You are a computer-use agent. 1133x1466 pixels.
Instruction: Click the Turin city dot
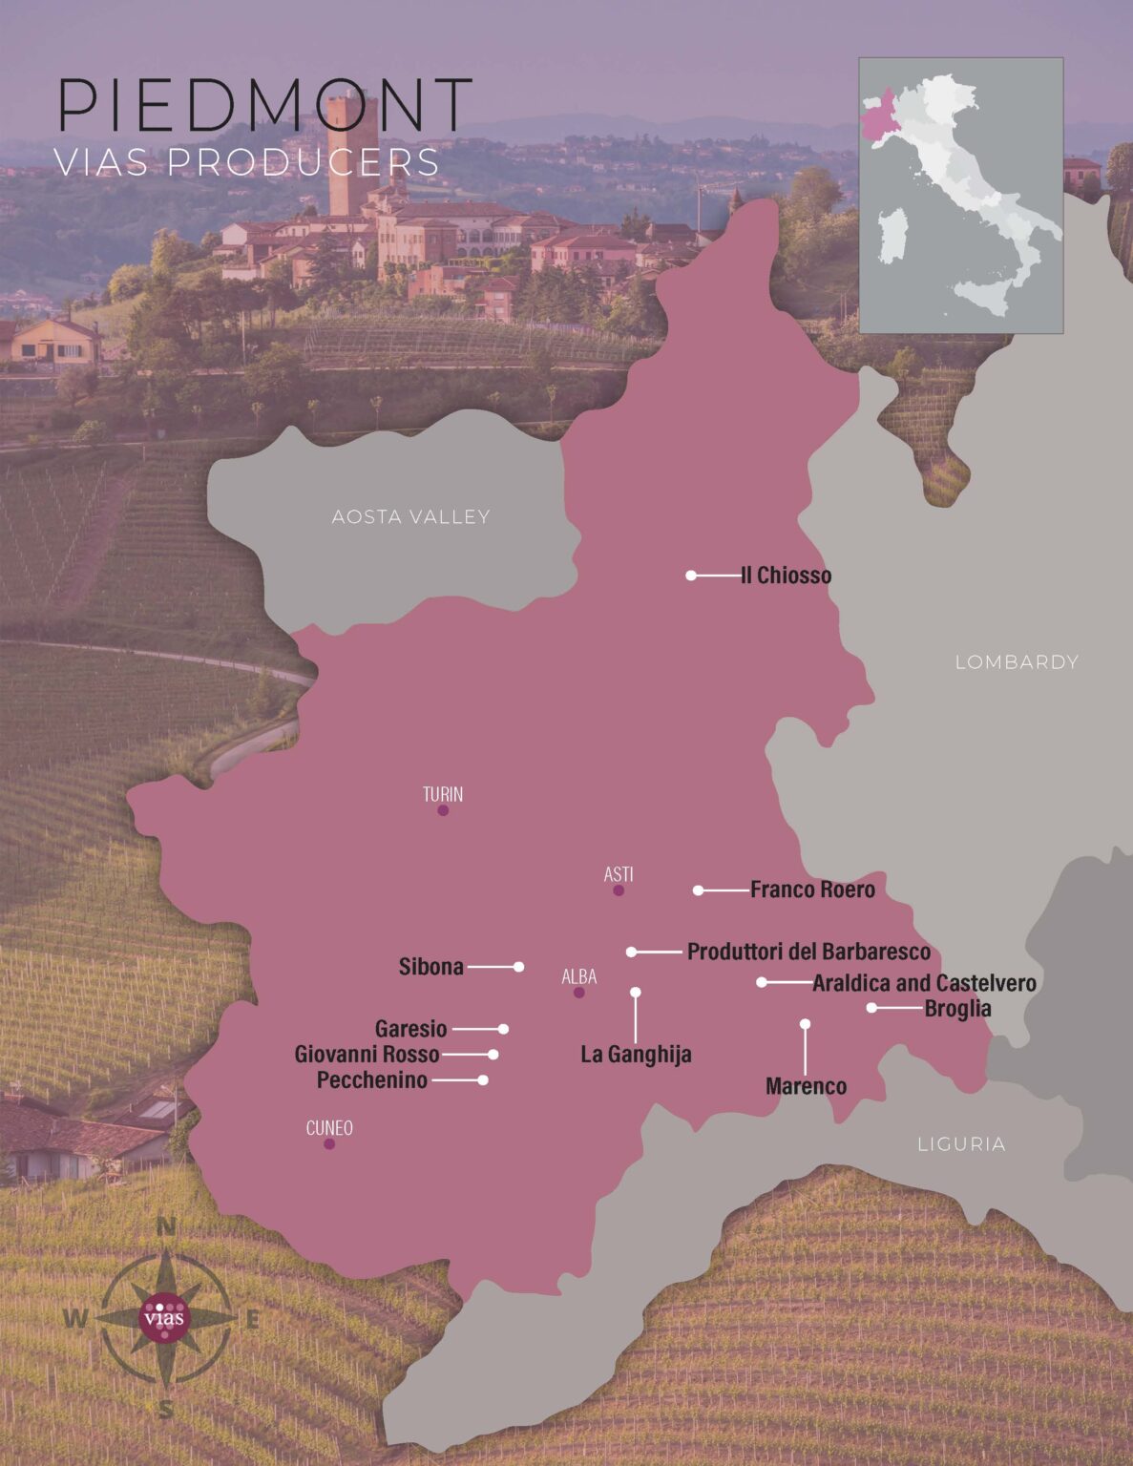443,810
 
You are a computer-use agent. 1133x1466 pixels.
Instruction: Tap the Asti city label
619,874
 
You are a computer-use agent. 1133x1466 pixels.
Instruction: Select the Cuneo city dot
329,1143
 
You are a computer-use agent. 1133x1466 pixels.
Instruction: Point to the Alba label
579,976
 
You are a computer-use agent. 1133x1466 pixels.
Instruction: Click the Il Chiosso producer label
786,576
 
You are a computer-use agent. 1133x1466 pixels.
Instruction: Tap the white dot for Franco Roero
699,890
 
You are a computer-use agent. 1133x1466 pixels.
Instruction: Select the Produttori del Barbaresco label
808,952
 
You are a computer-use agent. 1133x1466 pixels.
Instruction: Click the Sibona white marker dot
518,967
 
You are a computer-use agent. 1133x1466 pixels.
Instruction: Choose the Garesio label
410,1029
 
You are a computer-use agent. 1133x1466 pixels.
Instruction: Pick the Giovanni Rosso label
367,1055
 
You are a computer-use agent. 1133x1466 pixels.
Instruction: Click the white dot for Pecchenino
483,1079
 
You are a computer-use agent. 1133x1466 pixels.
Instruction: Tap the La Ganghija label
636,1055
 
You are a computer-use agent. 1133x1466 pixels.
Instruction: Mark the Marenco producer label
806,1086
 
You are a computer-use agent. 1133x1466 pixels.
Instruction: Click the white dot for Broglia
871,1008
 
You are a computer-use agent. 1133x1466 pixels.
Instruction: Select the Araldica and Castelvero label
924,983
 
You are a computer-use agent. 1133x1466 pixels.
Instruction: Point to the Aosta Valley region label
410,517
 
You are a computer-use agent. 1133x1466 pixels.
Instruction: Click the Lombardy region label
1017,661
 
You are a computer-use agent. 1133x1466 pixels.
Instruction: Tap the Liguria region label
961,1143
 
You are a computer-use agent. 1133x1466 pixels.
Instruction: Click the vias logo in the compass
165,1318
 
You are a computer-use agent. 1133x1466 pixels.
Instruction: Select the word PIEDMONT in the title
265,105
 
